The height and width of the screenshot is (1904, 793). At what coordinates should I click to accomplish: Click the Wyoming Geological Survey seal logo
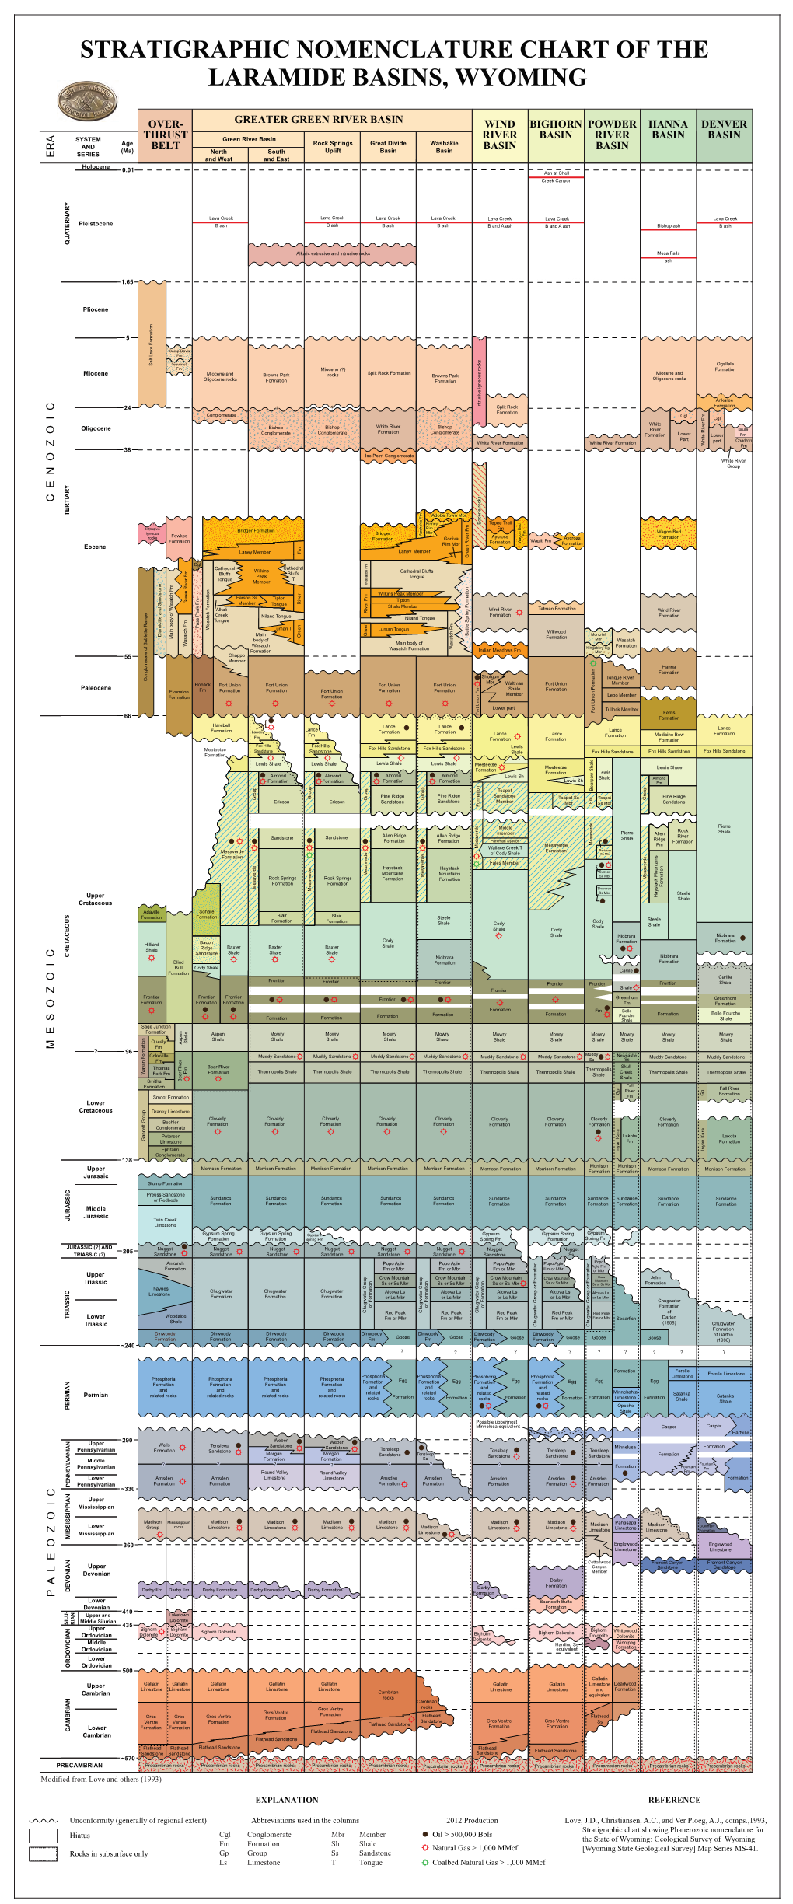(87, 102)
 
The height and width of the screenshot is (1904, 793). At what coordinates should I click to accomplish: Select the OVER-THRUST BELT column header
(165, 135)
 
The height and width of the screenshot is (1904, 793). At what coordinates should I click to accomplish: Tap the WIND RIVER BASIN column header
(499, 135)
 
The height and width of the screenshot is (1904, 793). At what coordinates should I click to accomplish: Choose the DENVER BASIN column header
(724, 130)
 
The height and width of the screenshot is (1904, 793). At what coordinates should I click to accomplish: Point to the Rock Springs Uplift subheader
(332, 147)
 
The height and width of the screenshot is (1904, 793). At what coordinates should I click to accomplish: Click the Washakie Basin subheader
(444, 147)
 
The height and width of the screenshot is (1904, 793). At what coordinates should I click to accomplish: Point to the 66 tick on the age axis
(128, 716)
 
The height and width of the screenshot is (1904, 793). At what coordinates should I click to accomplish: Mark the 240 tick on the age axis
(128, 1345)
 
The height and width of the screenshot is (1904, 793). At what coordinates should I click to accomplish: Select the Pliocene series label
(96, 309)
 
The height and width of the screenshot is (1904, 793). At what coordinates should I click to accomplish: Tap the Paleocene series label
(96, 688)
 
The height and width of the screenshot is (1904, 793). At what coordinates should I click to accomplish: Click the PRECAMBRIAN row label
(79, 1766)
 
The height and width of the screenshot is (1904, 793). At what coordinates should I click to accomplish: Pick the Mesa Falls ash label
(668, 257)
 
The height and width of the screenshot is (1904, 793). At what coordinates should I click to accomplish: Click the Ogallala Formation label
(725, 366)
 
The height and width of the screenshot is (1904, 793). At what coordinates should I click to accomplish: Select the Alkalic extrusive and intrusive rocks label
(333, 253)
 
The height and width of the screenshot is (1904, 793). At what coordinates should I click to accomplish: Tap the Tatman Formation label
(557, 609)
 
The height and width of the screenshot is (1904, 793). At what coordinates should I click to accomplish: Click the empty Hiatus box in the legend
(43, 1836)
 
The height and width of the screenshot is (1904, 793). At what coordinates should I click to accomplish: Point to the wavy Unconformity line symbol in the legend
(43, 1820)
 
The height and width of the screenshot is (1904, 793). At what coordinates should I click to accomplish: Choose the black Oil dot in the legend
(425, 1834)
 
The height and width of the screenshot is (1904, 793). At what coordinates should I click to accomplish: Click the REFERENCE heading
(674, 1800)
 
